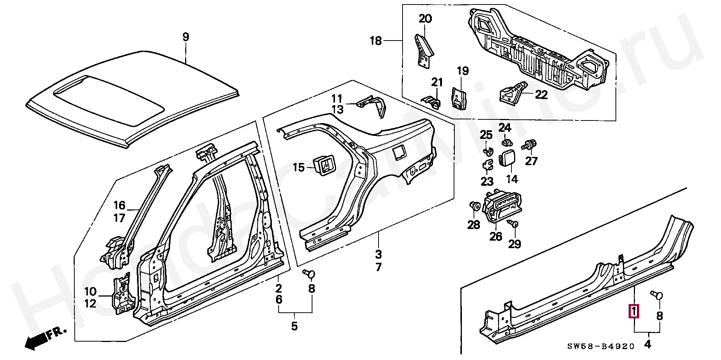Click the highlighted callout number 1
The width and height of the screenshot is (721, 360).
[x=634, y=311]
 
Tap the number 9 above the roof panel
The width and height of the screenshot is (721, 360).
[x=186, y=37]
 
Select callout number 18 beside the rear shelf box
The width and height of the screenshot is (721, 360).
[x=376, y=41]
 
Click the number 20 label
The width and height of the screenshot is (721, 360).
[x=425, y=18]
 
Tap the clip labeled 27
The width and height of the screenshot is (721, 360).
[x=530, y=144]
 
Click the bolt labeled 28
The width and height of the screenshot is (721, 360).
[x=475, y=206]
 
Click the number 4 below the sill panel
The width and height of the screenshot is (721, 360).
[x=647, y=344]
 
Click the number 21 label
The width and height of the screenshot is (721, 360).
[x=437, y=82]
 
